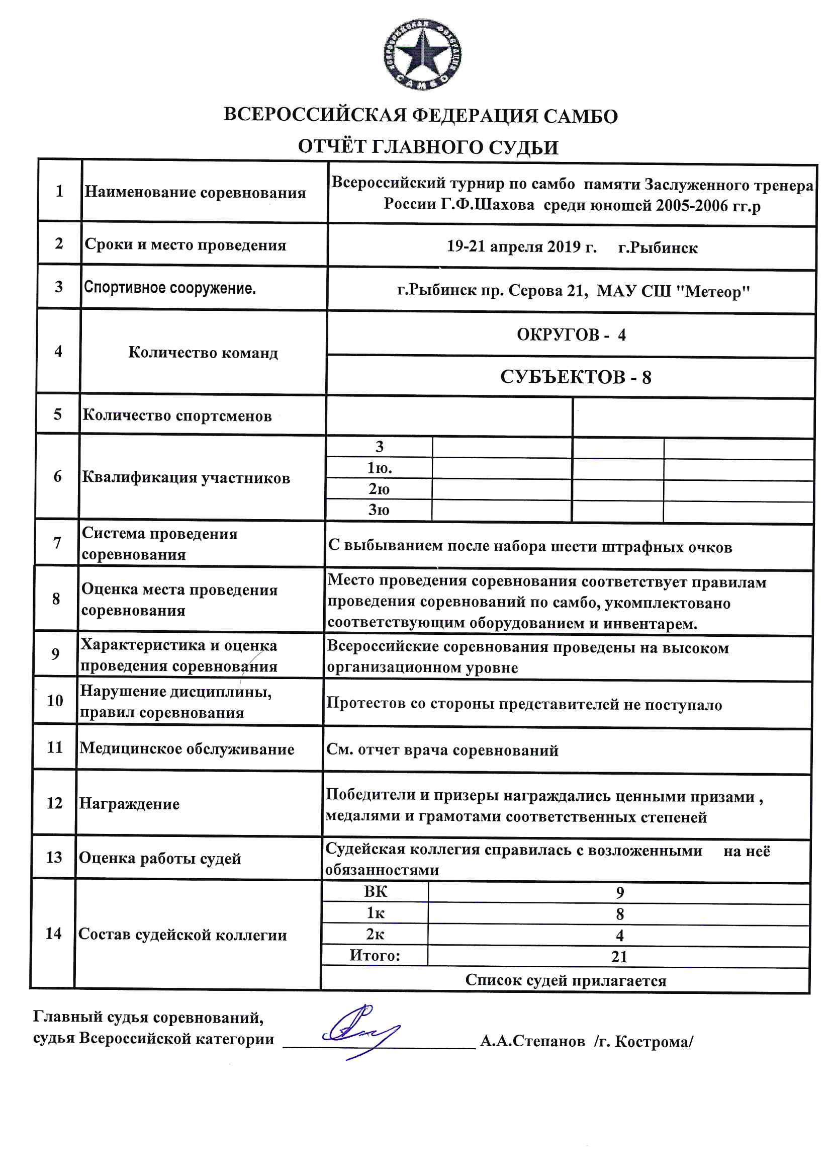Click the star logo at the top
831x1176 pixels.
point(422,55)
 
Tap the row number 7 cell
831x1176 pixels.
point(57,543)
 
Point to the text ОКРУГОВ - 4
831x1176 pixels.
point(571,335)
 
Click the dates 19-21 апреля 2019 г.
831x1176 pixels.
point(521,247)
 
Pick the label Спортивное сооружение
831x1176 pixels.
point(169,288)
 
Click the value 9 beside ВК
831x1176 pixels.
point(619,893)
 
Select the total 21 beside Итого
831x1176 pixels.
point(619,956)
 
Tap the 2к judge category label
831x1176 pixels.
point(375,934)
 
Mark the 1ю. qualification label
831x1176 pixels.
point(379,468)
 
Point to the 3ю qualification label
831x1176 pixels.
point(379,510)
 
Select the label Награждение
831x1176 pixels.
point(129,804)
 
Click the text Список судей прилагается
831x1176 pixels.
point(565,980)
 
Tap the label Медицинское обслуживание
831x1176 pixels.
point(187,749)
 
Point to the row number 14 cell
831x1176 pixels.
point(53,933)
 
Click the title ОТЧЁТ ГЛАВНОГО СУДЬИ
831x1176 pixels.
point(427,147)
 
